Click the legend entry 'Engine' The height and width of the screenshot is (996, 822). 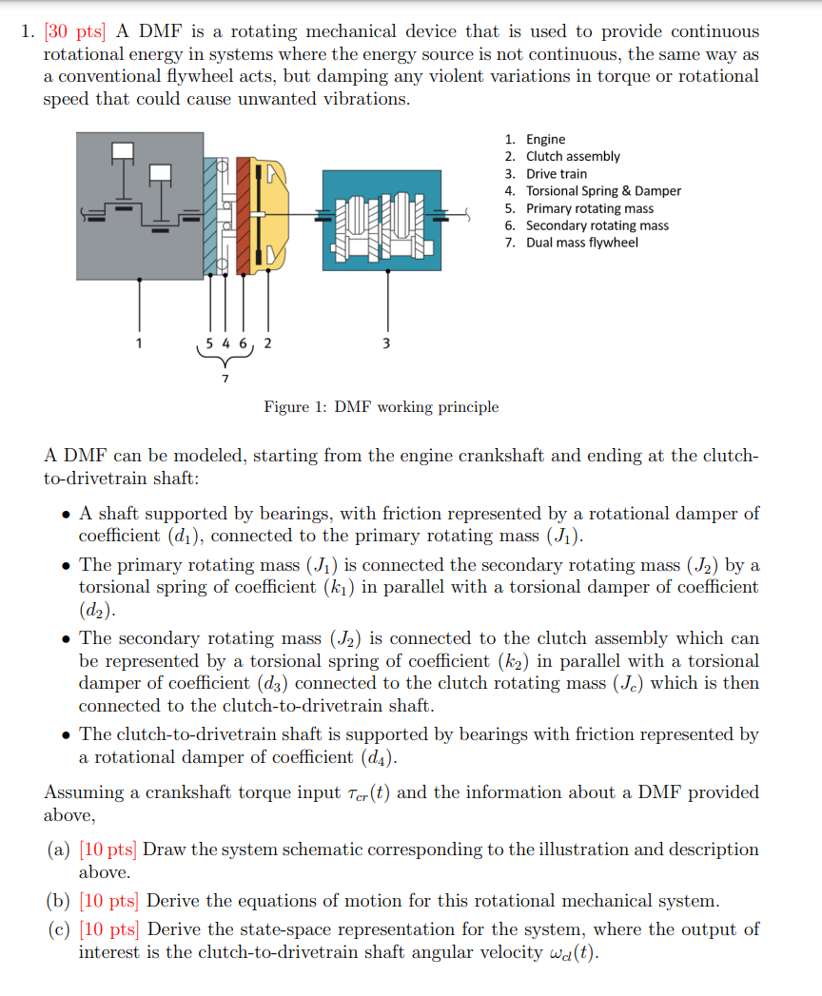(545, 139)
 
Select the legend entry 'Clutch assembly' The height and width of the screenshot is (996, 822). (573, 156)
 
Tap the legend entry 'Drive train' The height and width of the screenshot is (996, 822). (557, 174)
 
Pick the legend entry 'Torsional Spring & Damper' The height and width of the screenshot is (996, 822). (603, 191)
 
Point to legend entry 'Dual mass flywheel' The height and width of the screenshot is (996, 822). (582, 243)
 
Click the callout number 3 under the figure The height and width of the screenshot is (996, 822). (385, 343)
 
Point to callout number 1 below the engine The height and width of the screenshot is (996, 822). (140, 343)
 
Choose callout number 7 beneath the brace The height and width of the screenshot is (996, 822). (225, 378)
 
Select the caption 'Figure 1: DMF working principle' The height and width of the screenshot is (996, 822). (381, 407)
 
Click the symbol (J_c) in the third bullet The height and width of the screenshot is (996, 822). (704, 683)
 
